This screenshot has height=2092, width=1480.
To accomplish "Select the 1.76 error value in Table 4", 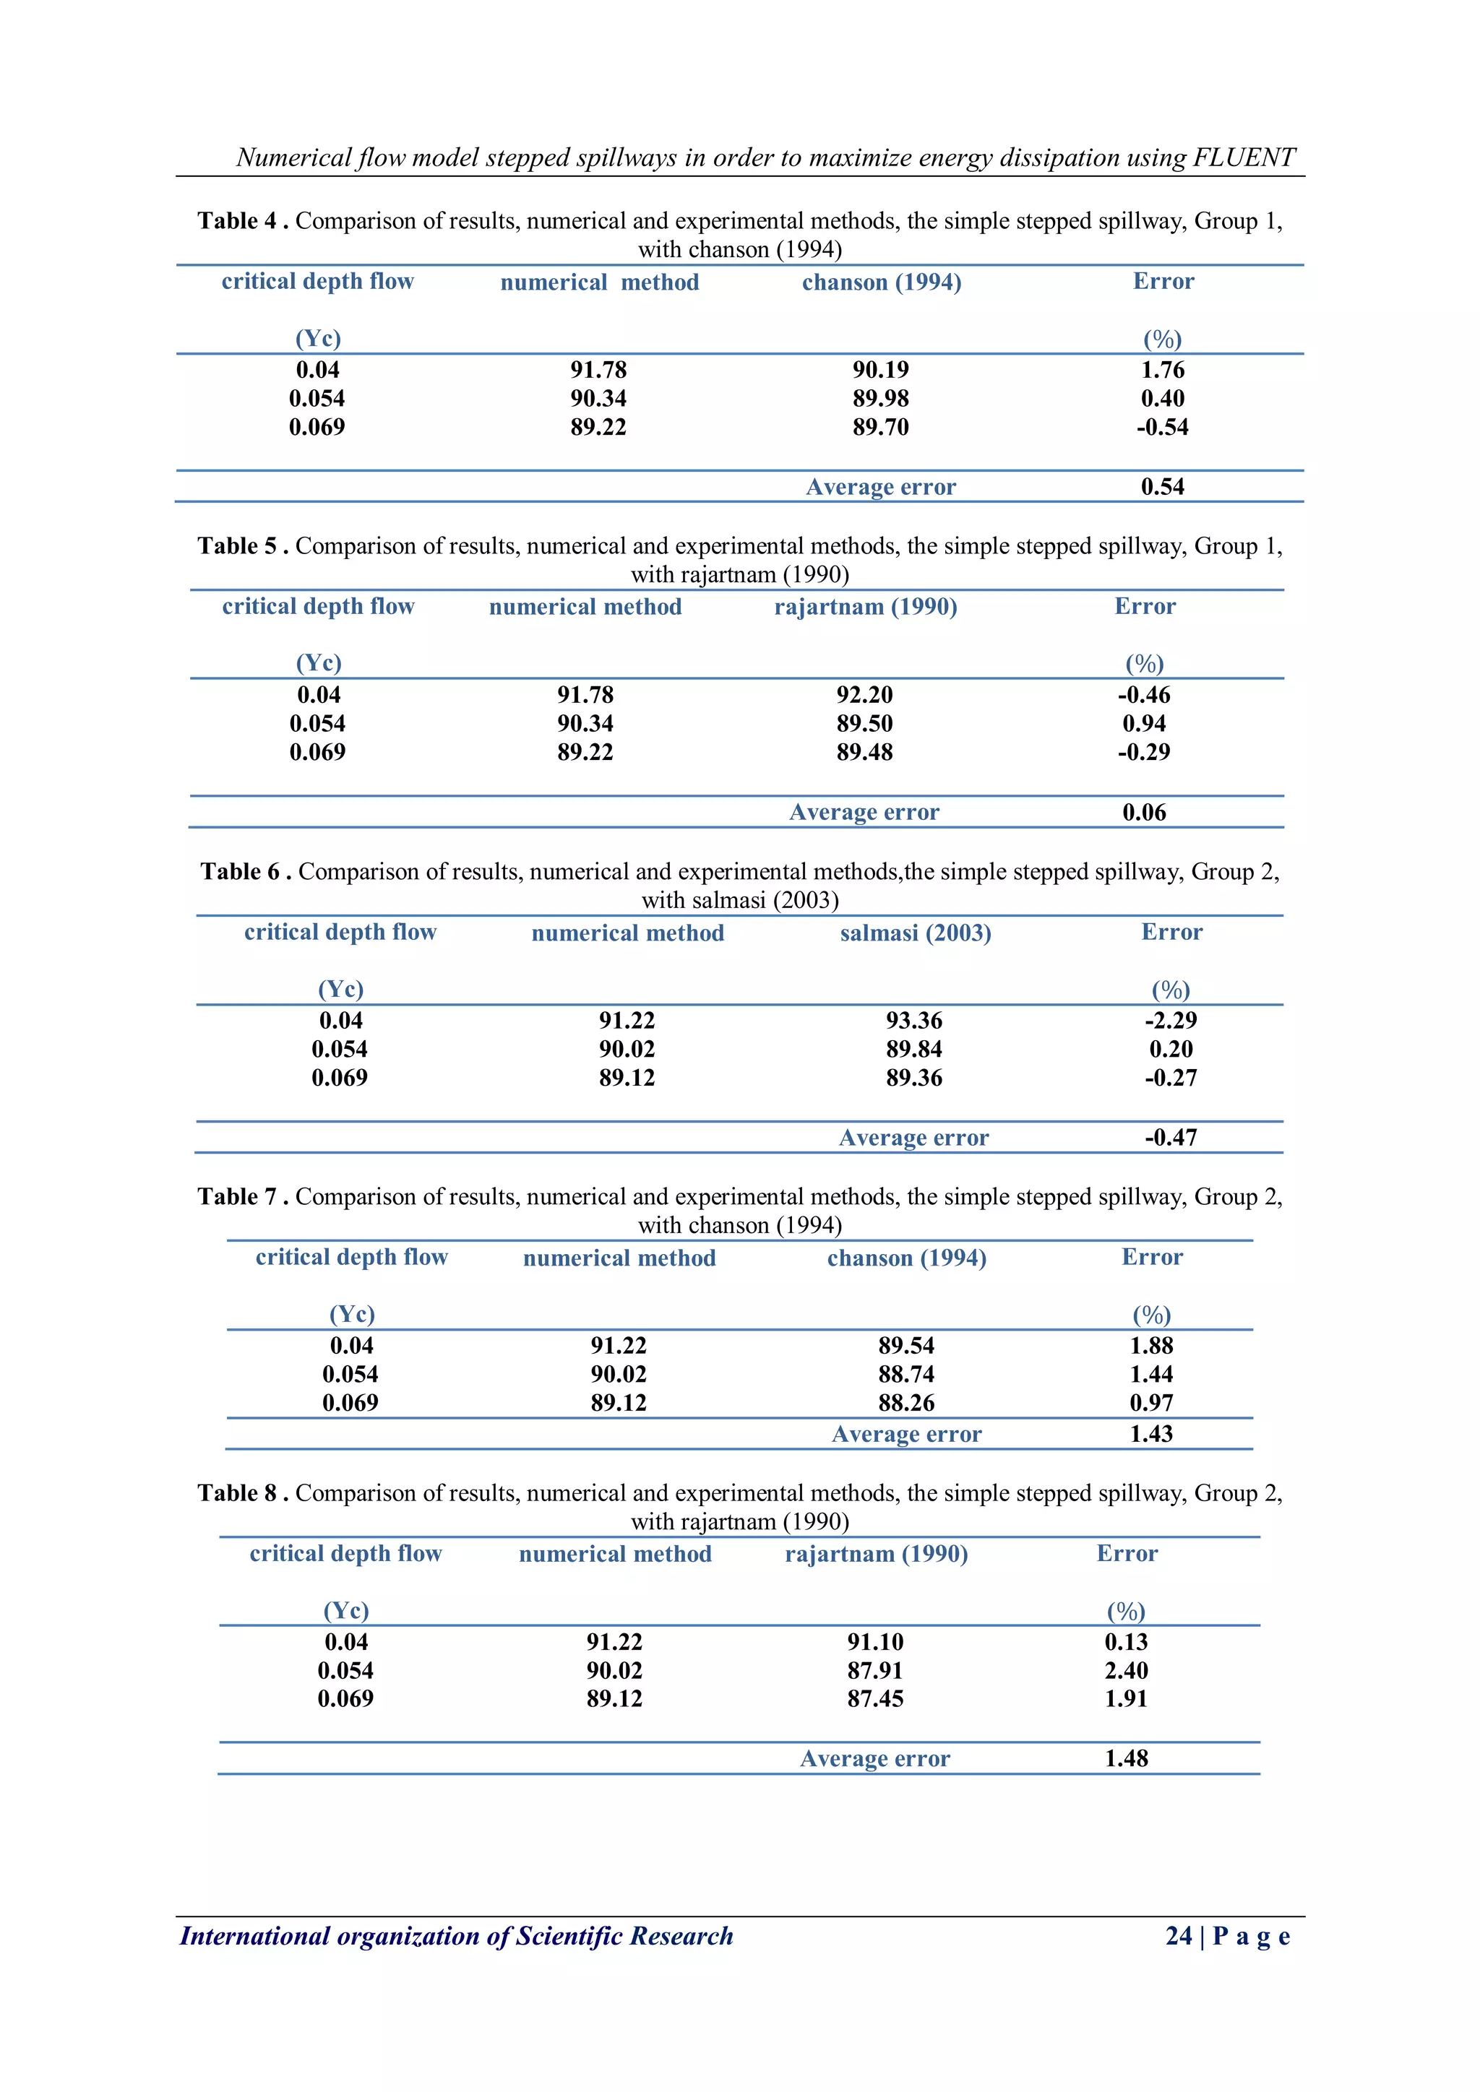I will point(1162,370).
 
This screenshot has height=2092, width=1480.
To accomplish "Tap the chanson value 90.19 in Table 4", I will point(880,370).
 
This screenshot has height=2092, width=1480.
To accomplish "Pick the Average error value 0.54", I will point(1162,487).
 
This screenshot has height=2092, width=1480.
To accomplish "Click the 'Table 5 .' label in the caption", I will point(242,546).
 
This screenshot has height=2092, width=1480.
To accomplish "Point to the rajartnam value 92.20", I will point(864,695).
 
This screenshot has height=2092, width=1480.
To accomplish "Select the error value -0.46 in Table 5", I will point(1144,695).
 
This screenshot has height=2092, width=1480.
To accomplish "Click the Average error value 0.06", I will point(1144,812).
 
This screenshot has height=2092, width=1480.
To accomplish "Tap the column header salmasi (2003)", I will point(915,933).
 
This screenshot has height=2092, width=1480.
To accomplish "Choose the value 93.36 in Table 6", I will point(914,1021).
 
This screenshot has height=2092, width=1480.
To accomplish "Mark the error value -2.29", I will point(1170,1021).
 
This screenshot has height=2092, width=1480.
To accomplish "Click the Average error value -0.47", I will point(1170,1137).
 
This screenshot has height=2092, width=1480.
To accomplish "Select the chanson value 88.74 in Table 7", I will point(906,1374).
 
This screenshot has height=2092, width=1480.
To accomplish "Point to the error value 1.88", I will point(1151,1346).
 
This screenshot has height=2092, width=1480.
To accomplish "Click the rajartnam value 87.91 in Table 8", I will point(875,1670).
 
